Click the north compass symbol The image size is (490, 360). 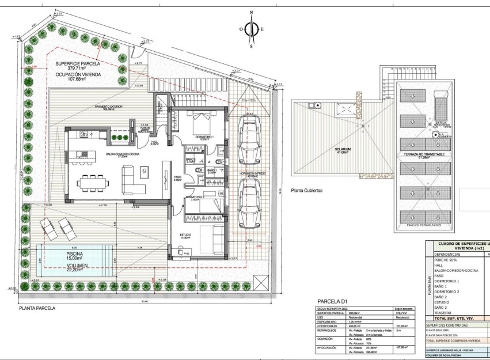coord(252,28)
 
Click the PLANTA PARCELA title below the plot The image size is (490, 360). coord(37,308)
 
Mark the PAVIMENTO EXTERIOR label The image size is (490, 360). coord(108,107)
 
